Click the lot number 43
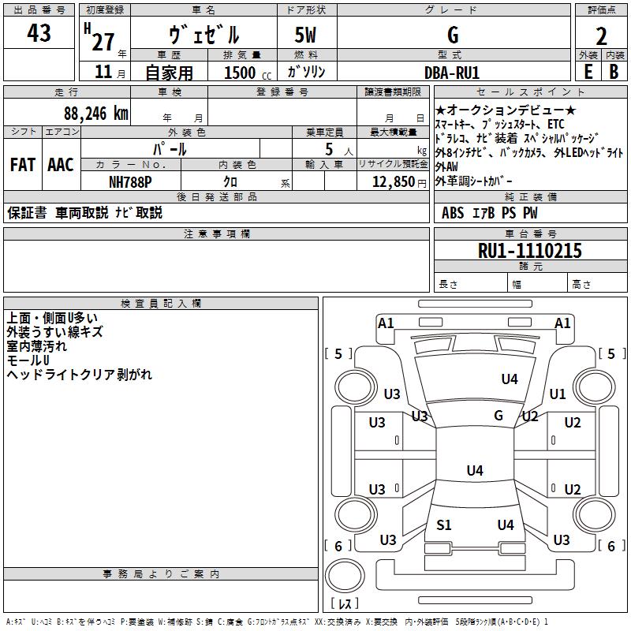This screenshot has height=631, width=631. pyautogui.click(x=39, y=34)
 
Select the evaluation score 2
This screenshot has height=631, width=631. pyautogui.click(x=602, y=35)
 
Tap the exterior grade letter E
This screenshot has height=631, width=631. pyautogui.click(x=588, y=72)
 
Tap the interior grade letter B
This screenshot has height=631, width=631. pyautogui.click(x=614, y=72)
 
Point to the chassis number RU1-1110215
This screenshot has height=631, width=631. pyautogui.click(x=530, y=251)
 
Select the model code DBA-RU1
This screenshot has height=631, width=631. pyautogui.click(x=452, y=73)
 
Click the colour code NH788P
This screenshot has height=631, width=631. pyautogui.click(x=130, y=181)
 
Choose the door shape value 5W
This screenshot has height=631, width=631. pyautogui.click(x=307, y=35)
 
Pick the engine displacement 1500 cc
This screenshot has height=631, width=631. pyautogui.click(x=241, y=73)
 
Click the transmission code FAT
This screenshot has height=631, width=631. pyautogui.click(x=23, y=165)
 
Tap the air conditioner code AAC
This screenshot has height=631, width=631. pyautogui.click(x=61, y=165)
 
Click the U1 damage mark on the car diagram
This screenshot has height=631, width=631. pyautogui.click(x=558, y=394)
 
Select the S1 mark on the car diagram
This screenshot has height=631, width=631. pyautogui.click(x=444, y=525)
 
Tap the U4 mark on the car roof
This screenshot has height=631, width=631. pyautogui.click(x=474, y=471)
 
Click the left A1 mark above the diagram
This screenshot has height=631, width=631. pyautogui.click(x=386, y=323)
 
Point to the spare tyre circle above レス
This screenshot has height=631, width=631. pyautogui.click(x=343, y=576)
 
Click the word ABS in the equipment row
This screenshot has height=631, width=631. pyautogui.click(x=453, y=212)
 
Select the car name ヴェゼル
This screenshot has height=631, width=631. pyautogui.click(x=203, y=35)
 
